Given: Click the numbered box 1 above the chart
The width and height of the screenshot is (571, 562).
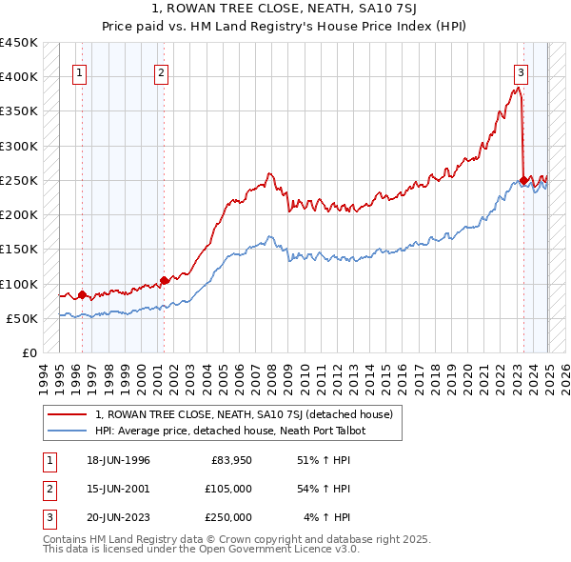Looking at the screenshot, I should (79, 71).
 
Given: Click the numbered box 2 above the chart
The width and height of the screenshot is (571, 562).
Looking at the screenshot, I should (162, 71).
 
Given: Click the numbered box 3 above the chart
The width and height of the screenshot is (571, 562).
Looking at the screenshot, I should (522, 71).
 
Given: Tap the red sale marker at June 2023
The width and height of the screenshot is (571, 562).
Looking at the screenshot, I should (523, 180).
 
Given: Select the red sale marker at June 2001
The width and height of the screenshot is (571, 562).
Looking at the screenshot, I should (164, 280).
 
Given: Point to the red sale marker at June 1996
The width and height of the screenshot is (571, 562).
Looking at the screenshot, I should (82, 294).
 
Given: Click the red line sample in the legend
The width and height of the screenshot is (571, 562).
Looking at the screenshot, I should (68, 414).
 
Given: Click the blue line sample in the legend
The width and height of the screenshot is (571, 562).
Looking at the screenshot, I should (68, 431).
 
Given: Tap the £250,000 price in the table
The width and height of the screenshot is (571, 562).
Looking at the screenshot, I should (228, 517).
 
